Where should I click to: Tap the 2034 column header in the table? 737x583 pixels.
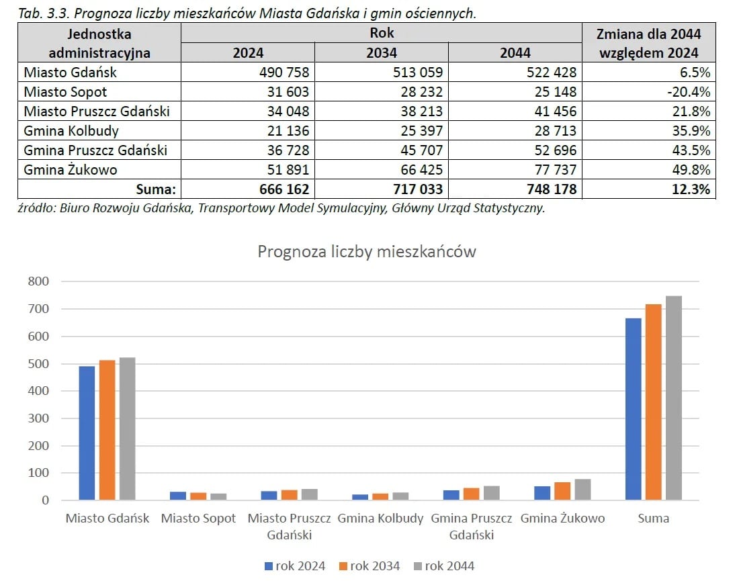(380, 52)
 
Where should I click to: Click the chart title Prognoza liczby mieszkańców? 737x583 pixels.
(367, 252)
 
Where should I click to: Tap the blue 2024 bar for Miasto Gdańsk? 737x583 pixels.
(87, 433)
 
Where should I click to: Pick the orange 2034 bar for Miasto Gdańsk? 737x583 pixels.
(107, 430)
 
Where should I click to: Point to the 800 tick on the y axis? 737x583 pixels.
(38, 281)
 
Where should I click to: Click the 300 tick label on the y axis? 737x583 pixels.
(38, 418)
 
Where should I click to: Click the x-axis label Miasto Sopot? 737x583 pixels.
(199, 519)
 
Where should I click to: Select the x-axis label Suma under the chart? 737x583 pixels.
(654, 519)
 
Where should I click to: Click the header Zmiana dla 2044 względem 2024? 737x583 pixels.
(648, 43)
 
